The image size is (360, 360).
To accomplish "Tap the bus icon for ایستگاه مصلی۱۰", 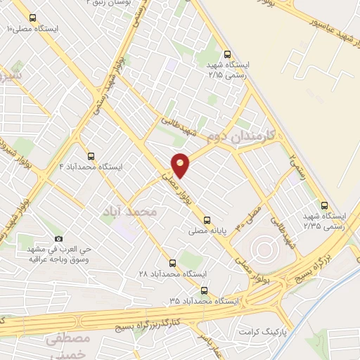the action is click(33, 16).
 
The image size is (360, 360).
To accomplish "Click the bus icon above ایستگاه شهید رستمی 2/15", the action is click(226, 53).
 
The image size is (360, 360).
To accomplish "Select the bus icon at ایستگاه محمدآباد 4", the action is click(91, 156).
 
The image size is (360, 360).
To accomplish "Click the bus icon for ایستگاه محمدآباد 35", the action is click(204, 290).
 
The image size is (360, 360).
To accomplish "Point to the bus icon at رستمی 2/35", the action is click(323, 206).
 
